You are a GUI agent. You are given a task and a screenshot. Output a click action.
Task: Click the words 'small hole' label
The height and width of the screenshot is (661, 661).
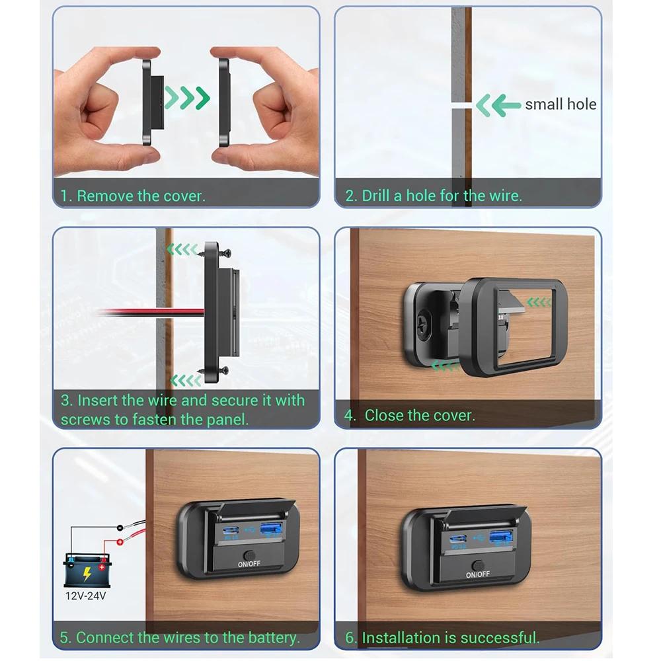[x=561, y=104]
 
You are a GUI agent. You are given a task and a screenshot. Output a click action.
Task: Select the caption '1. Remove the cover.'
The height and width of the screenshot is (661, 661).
[x=133, y=196]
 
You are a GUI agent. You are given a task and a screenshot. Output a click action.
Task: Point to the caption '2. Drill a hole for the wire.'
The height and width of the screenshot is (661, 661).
[x=434, y=196]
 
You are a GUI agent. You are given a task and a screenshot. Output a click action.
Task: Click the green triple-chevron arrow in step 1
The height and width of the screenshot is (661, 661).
[x=187, y=98]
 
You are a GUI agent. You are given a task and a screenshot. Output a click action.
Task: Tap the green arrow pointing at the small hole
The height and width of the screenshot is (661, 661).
[x=498, y=104]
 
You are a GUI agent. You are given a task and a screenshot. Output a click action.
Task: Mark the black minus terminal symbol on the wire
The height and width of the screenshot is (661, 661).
[x=119, y=527]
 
